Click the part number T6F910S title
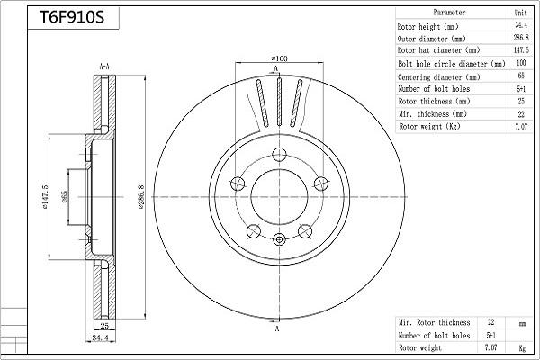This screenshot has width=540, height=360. [72, 17]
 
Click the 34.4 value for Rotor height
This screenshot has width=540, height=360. [521, 25]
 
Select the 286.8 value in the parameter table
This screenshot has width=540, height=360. [521, 38]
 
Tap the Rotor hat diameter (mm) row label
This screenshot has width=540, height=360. [438, 50]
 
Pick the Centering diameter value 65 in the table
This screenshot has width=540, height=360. [521, 76]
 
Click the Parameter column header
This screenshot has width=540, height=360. [449, 13]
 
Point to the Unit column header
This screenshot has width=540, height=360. [520, 13]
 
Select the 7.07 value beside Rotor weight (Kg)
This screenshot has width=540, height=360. [521, 126]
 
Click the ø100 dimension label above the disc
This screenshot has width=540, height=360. [279, 58]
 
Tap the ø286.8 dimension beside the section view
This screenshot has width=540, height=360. [141, 197]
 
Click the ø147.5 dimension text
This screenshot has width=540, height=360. [45, 197]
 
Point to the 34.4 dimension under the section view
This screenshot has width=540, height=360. [100, 337]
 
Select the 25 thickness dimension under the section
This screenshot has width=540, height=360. [104, 325]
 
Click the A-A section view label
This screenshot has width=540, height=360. [104, 67]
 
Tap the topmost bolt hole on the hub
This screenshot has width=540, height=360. [279, 155]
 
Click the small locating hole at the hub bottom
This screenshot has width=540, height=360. [279, 239]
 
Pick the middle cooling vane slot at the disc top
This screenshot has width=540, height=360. [279, 103]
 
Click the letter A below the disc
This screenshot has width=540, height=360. [277, 328]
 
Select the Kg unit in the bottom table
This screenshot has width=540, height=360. [522, 348]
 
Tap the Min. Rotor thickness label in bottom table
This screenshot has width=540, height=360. [434, 322]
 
